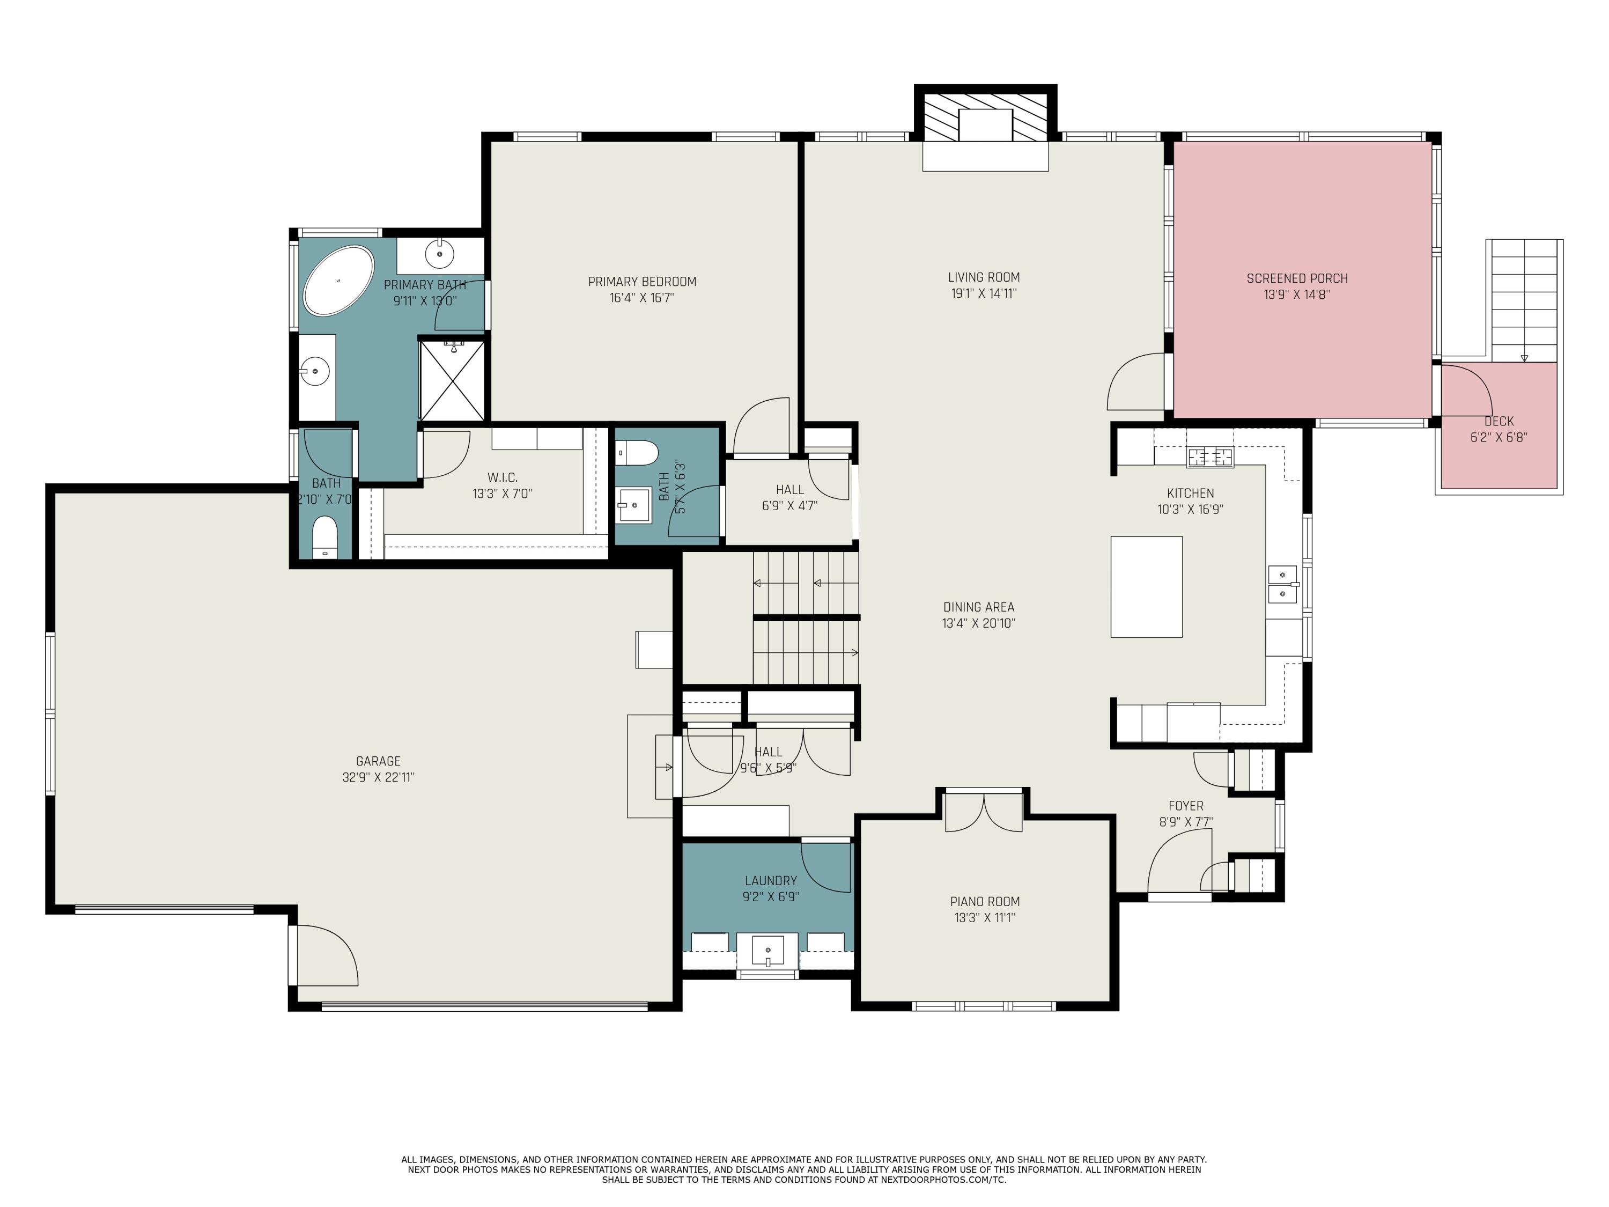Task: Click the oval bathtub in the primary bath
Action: [x=338, y=281]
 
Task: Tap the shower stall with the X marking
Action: [x=452, y=380]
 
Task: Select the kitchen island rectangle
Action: [x=1146, y=586]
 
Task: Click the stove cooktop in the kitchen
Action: [x=1211, y=458]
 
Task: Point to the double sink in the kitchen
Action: [x=1282, y=584]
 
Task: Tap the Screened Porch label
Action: [x=1297, y=278]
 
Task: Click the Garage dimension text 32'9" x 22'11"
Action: [x=378, y=777]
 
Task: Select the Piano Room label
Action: [x=985, y=901]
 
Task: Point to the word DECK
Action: [x=1499, y=421]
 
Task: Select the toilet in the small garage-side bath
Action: [x=325, y=537]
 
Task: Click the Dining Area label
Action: [x=978, y=607]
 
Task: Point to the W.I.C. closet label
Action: [x=502, y=477]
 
